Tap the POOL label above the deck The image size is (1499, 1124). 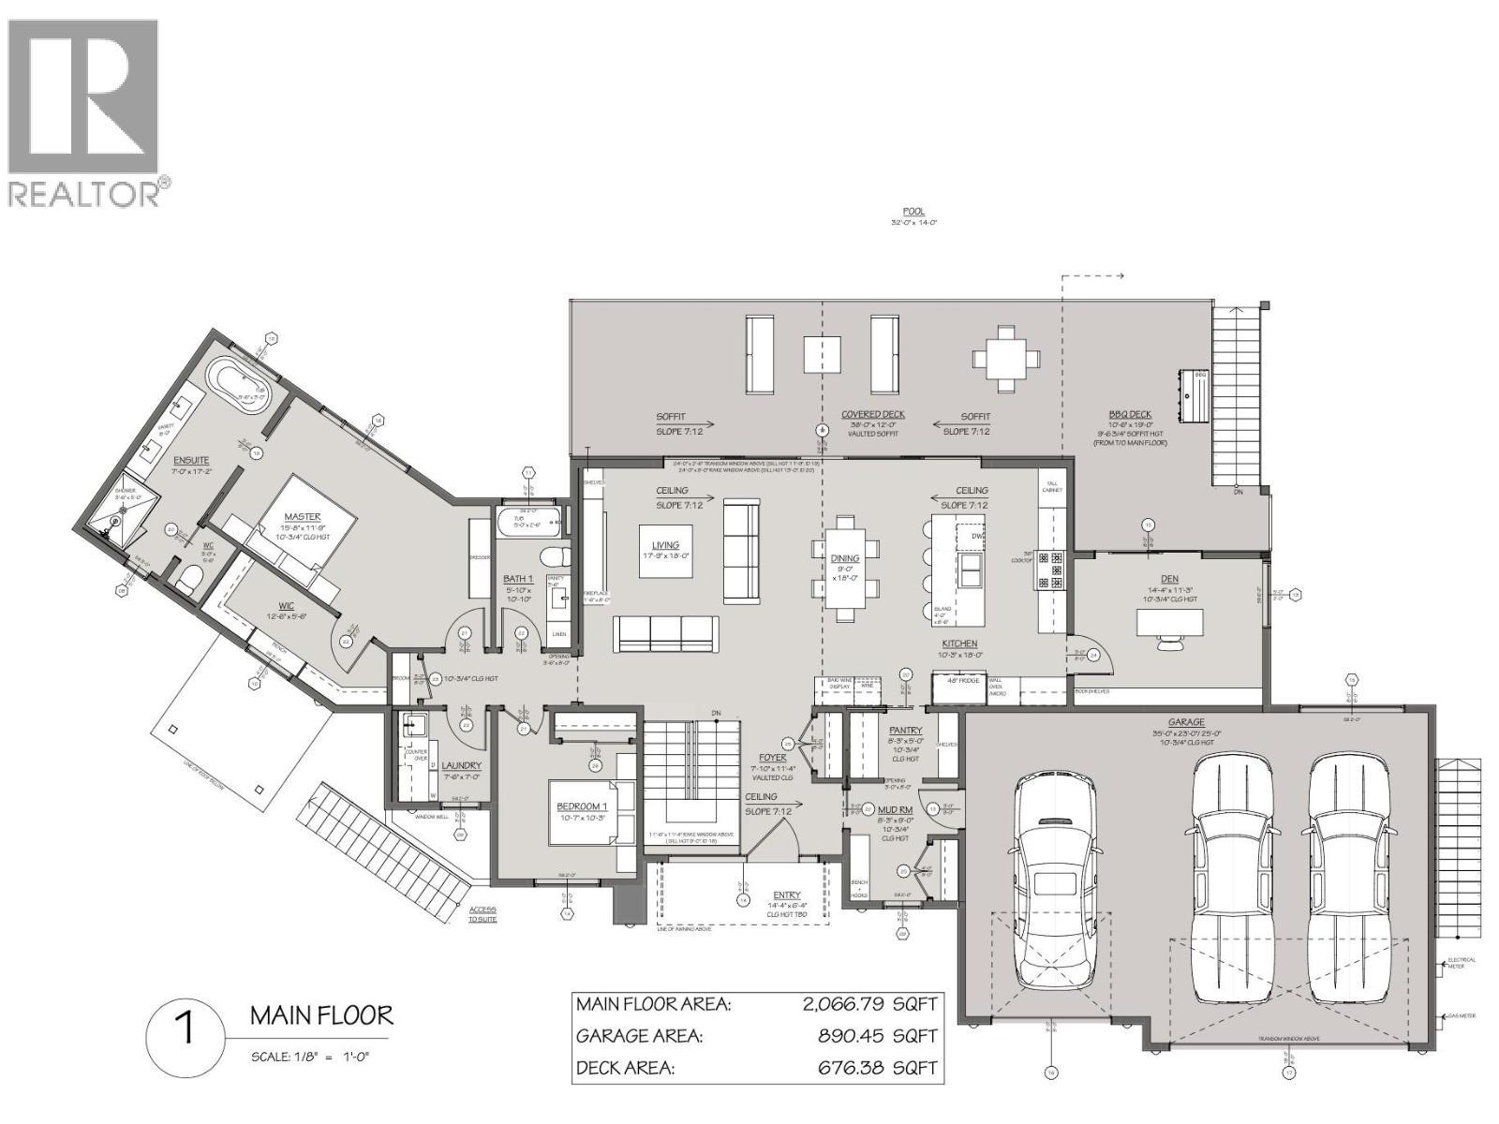[x=913, y=212]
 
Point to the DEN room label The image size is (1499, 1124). [x=1168, y=579]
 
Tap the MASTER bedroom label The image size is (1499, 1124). [x=302, y=516]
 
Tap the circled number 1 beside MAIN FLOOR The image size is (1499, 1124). [x=186, y=1030]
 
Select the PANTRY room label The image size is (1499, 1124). [x=905, y=731]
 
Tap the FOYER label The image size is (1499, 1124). [x=773, y=757]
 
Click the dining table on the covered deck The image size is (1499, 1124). [x=1006, y=357]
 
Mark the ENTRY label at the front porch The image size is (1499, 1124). [x=787, y=895]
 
